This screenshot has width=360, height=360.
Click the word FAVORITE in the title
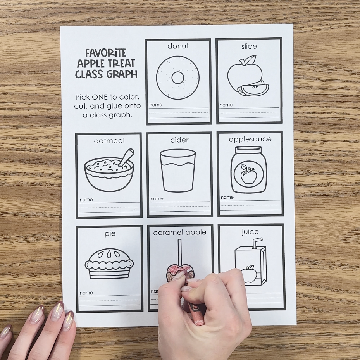pyautogui.click(x=106, y=53)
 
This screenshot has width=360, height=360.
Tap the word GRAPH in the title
pyautogui.click(x=122, y=74)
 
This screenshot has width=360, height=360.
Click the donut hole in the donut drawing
pyautogui.click(x=178, y=78)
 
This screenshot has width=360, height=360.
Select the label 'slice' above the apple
pyautogui.click(x=249, y=47)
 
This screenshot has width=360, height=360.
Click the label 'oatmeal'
pyautogui.click(x=109, y=141)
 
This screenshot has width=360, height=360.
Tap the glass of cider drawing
pyautogui.click(x=178, y=171)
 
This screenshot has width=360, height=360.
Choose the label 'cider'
pyautogui.click(x=179, y=140)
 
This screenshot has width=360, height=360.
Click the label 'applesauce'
pyautogui.click(x=250, y=139)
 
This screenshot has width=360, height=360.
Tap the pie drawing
pyautogui.click(x=109, y=264)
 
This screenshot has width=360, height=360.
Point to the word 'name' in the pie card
pyautogui.click(x=86, y=293)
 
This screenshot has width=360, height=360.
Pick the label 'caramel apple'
pyautogui.click(x=180, y=233)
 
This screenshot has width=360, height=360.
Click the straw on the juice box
pyautogui.click(x=257, y=243)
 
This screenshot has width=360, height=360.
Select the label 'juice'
pyautogui.click(x=250, y=232)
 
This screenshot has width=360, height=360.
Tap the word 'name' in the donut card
pyautogui.click(x=156, y=105)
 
